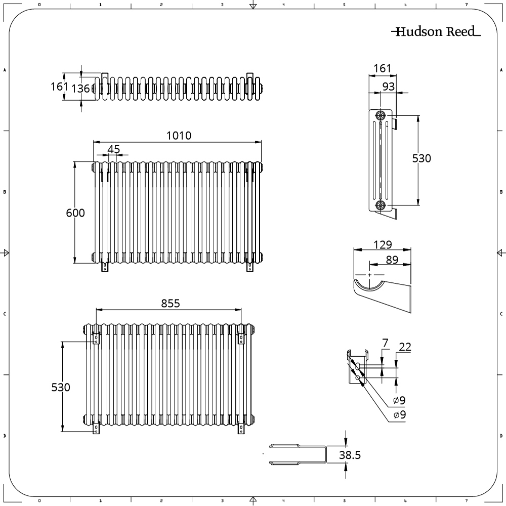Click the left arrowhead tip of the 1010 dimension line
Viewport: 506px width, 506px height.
point(93,142)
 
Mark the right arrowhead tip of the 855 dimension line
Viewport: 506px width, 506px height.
point(241,310)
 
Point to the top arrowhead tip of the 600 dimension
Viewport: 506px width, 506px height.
point(75,162)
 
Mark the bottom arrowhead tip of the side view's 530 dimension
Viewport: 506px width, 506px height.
point(418,205)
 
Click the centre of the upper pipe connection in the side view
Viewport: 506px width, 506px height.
point(381,115)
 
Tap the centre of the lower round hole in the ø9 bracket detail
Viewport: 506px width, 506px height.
point(358,377)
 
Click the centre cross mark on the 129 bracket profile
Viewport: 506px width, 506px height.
point(369,275)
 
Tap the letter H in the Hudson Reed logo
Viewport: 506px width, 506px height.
point(400,31)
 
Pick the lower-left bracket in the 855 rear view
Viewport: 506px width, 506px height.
point(96,427)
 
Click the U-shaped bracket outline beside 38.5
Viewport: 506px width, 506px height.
point(299,455)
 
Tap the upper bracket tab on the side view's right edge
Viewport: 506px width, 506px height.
point(394,123)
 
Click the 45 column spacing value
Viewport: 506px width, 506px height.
point(113,149)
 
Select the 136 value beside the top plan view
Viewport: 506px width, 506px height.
point(80,89)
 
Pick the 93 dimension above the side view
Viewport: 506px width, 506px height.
point(389,87)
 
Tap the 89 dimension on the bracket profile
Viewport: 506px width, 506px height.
point(392,260)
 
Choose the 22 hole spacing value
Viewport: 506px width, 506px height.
point(405,347)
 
